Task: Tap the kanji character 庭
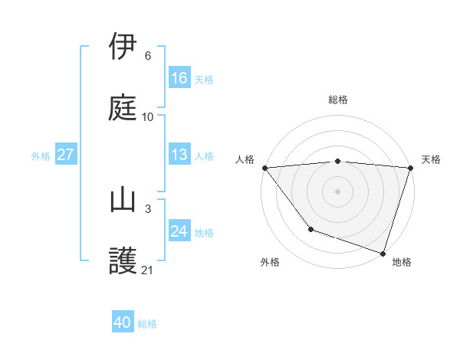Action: tap(123, 107)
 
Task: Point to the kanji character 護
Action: tap(123, 261)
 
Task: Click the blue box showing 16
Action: tap(179, 77)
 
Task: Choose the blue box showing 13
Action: tap(179, 155)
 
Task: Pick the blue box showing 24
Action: tap(179, 231)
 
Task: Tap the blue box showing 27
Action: tap(65, 155)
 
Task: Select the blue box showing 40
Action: tap(123, 322)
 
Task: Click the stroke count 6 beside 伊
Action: tap(148, 56)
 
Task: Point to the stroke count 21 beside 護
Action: tap(148, 270)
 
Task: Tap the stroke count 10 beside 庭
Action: tap(148, 117)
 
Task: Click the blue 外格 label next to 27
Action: tap(41, 155)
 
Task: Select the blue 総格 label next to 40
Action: tap(147, 324)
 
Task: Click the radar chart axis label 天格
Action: tap(432, 159)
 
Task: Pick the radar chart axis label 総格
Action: tap(338, 100)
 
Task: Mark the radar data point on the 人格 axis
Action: tap(265, 168)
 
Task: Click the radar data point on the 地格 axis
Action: tap(383, 252)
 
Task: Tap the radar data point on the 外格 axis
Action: tap(310, 228)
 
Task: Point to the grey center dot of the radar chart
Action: tap(338, 191)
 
